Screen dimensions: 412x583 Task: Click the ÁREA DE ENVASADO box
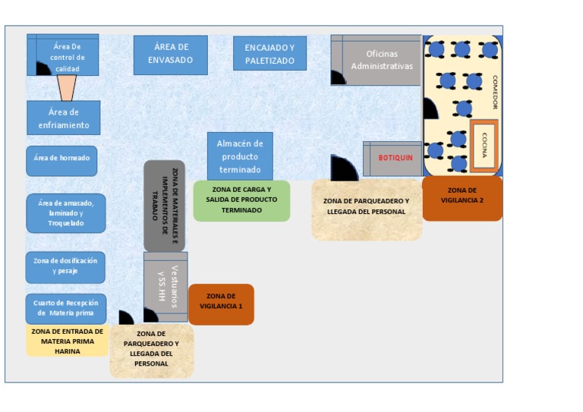(170, 55)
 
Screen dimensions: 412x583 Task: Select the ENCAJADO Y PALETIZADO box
(269, 54)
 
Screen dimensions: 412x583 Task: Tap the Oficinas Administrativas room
(381, 60)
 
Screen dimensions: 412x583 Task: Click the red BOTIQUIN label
(395, 158)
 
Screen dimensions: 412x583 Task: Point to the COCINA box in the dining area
(484, 145)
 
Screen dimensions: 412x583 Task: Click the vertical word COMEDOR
(494, 92)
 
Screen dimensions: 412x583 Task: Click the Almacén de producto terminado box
(240, 156)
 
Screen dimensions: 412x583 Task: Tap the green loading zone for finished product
(241, 200)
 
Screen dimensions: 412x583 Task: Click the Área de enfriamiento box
(64, 118)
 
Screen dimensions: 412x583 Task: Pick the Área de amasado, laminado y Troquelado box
(66, 213)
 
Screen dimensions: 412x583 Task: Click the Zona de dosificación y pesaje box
(65, 266)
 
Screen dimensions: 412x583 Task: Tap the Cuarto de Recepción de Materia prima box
(65, 308)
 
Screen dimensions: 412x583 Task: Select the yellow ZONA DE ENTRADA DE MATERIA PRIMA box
(67, 341)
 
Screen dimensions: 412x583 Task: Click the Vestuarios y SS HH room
(165, 287)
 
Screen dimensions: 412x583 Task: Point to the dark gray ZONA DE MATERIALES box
(165, 205)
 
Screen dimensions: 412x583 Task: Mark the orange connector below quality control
(67, 88)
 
